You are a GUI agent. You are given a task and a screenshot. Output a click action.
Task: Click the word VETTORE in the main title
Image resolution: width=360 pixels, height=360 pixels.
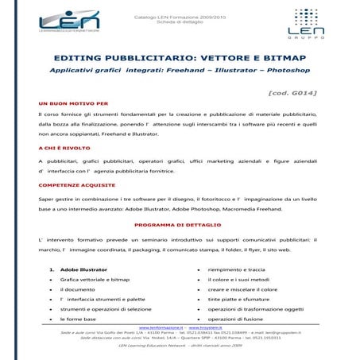pyautogui.click(x=203, y=58)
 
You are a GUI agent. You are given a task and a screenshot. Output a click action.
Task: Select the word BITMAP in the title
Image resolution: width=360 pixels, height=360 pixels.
pyautogui.click(x=281, y=58)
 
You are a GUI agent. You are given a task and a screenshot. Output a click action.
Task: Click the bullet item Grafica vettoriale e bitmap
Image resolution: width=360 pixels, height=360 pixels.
pyautogui.click(x=95, y=280)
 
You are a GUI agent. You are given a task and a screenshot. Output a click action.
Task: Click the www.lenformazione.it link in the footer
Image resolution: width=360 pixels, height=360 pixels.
pyautogui.click(x=160, y=327)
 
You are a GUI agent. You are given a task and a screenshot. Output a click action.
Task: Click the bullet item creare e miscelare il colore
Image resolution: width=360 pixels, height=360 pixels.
pyautogui.click(x=242, y=289)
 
